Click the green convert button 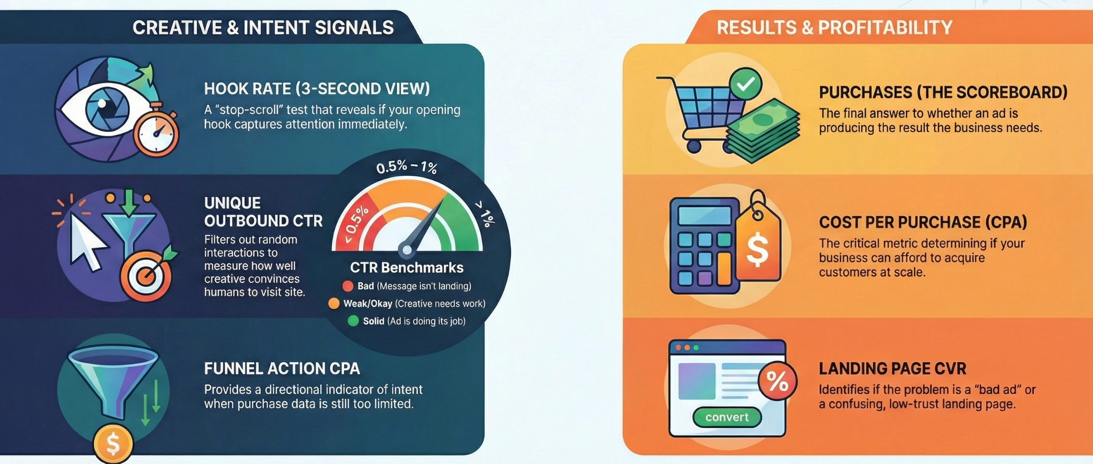pyautogui.click(x=727, y=417)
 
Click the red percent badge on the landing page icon pyautogui.click(x=777, y=382)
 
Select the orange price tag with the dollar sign pyautogui.click(x=757, y=245)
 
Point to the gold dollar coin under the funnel pyautogui.click(x=113, y=443)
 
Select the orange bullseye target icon pyautogui.click(x=146, y=276)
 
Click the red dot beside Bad pyautogui.click(x=348, y=286)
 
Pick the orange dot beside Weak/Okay pyautogui.click(x=333, y=304)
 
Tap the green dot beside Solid pyautogui.click(x=353, y=321)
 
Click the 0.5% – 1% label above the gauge pyautogui.click(x=406, y=167)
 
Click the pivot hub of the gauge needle pyautogui.click(x=407, y=249)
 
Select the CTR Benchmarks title pyautogui.click(x=406, y=268)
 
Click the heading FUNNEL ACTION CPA pyautogui.click(x=282, y=368)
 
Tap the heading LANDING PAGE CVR pyautogui.click(x=892, y=368)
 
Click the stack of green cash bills pyautogui.click(x=763, y=130)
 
